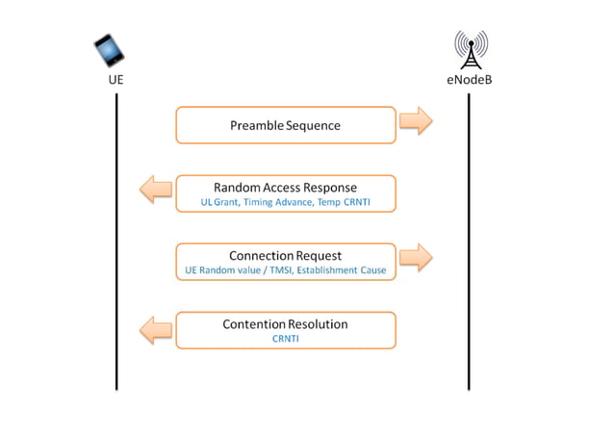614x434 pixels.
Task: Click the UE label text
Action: tap(115, 80)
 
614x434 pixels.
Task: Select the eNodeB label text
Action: tap(470, 80)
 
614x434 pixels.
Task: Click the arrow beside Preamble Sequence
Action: tap(416, 121)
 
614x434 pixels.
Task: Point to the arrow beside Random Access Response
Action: tap(156, 189)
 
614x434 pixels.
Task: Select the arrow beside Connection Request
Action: tap(416, 257)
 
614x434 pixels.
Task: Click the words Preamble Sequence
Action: tap(285, 125)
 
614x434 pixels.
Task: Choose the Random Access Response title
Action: tap(285, 187)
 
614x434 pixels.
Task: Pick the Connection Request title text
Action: tap(285, 255)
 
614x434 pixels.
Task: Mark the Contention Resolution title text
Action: tap(285, 323)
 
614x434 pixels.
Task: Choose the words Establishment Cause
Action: tap(343, 270)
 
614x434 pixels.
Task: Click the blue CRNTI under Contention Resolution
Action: tap(286, 339)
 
